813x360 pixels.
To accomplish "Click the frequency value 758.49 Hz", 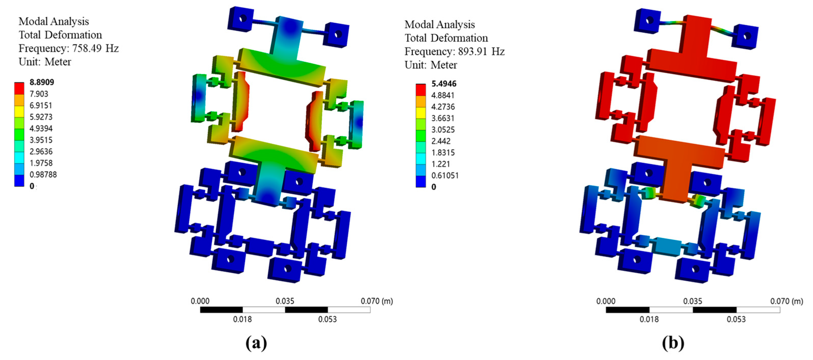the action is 95,48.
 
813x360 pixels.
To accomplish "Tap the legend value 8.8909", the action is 42,82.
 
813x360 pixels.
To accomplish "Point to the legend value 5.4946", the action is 444,84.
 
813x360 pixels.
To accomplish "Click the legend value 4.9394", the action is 41,128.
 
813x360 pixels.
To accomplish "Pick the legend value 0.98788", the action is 43,175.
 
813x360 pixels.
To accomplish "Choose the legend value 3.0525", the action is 443,130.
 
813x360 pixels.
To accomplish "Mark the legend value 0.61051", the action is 445,176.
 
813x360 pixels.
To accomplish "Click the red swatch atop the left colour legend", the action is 19,89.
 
